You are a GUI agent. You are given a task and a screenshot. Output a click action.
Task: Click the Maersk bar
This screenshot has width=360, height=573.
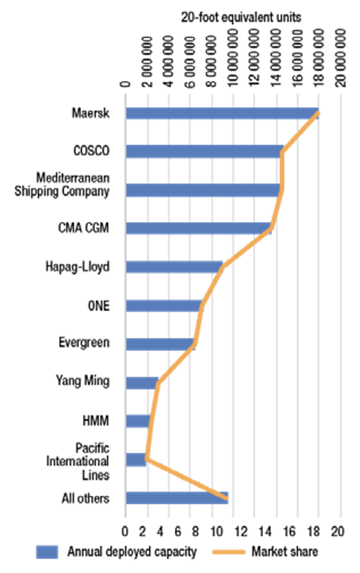pos(222,113)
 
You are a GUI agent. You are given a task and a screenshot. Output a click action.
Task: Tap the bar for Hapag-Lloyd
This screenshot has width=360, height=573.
pos(174,267)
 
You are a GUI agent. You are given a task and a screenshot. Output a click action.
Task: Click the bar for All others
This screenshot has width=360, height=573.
pos(177,498)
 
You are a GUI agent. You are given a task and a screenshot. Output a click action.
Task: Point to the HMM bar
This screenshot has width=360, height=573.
pos(138,421)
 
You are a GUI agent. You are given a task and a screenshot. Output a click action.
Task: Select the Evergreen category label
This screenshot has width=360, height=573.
pos(84,342)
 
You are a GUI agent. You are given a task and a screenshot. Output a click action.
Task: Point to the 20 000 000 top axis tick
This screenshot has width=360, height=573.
pos(341,58)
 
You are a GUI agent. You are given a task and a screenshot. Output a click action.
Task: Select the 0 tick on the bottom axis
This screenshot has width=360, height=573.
pos(125,529)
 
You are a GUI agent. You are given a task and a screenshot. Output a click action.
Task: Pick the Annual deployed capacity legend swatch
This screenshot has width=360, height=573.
pos(47,552)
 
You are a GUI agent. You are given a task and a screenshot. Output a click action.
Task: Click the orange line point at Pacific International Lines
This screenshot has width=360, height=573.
pos(146,460)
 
